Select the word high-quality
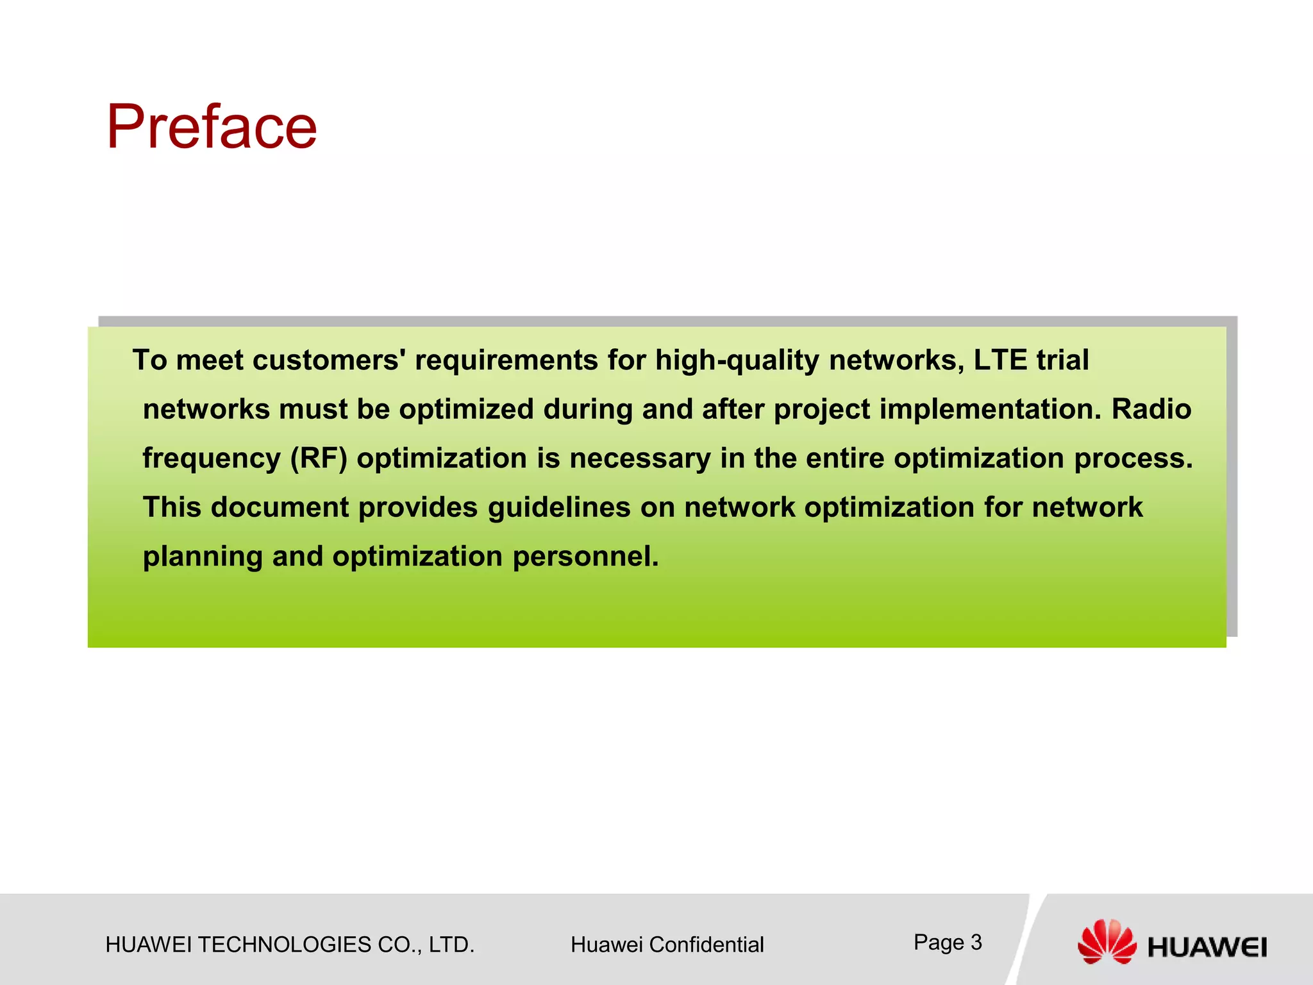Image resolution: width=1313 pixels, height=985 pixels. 737,361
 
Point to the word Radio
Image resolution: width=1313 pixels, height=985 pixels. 1151,409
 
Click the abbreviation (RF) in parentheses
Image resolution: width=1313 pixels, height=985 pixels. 319,459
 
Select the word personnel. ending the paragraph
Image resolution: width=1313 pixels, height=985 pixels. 585,557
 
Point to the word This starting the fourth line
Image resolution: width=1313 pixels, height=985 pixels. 172,507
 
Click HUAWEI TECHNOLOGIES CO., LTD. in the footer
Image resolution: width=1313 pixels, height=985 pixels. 290,945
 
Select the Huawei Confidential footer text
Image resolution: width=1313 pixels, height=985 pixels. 667,945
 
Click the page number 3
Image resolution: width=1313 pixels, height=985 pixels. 976,942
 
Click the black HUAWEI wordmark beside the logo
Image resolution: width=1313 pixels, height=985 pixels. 1207,947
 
